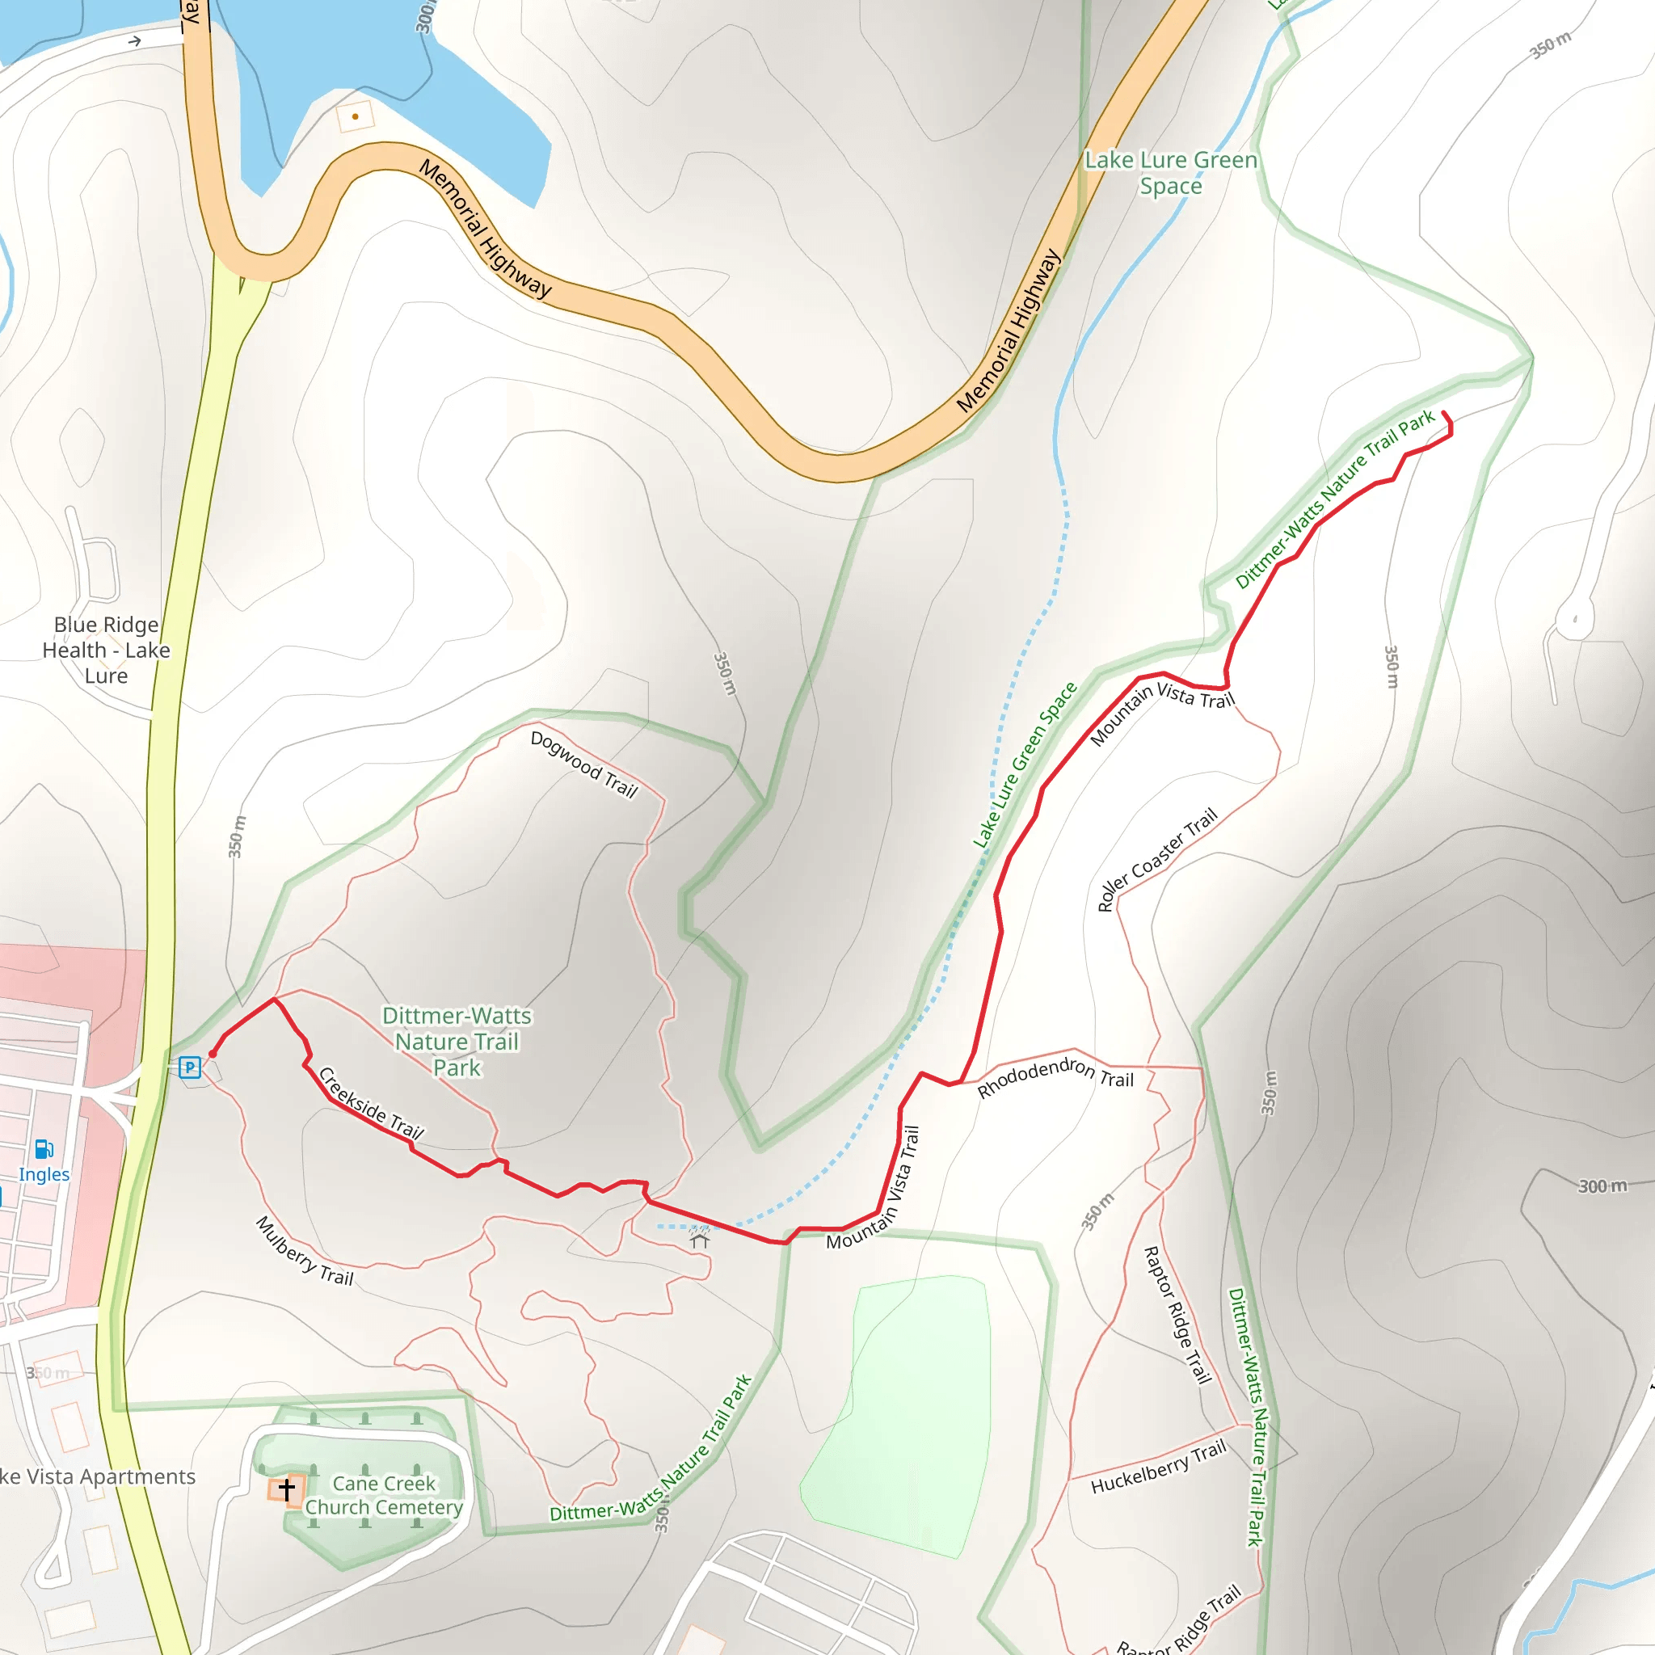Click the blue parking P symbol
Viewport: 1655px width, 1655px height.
click(x=190, y=1068)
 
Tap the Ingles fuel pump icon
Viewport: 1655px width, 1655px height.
click(x=44, y=1149)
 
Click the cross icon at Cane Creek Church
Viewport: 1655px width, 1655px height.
click(x=287, y=1489)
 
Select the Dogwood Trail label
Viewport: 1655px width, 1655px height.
click(x=584, y=764)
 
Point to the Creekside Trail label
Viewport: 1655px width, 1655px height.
click(x=371, y=1104)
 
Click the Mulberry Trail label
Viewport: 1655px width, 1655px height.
click(x=305, y=1251)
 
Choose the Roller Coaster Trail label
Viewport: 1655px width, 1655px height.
click(x=1157, y=859)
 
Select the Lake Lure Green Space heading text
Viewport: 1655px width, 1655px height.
click(x=1171, y=173)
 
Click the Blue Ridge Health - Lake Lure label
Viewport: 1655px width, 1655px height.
click(x=106, y=650)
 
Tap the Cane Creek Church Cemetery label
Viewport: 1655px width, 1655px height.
click(x=384, y=1495)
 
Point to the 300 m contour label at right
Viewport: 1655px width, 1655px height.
click(x=1602, y=1185)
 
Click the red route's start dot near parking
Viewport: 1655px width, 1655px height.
click(x=213, y=1055)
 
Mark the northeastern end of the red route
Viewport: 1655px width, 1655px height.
click(x=1444, y=414)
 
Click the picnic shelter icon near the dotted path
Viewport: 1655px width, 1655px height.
click(x=700, y=1239)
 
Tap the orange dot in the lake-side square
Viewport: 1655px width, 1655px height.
click(x=355, y=116)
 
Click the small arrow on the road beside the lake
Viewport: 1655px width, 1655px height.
click(x=134, y=41)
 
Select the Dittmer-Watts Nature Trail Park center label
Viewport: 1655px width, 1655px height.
click(x=457, y=1041)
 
